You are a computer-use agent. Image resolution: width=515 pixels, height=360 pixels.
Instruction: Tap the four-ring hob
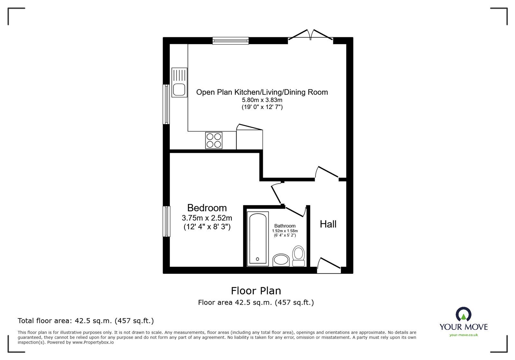pyautogui.click(x=214, y=141)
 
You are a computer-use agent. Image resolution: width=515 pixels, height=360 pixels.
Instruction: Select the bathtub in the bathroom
pyautogui.click(x=258, y=239)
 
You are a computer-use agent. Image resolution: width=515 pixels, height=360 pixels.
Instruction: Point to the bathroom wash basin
pyautogui.click(x=281, y=260)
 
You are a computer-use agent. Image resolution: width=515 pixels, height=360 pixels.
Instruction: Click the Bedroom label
pyautogui.click(x=207, y=208)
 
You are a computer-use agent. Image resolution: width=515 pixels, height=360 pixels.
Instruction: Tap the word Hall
pyautogui.click(x=328, y=224)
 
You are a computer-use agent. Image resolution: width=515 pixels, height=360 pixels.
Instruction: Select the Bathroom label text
pyautogui.click(x=285, y=226)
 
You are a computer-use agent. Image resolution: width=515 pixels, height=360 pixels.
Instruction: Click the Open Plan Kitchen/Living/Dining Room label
pyautogui.click(x=262, y=92)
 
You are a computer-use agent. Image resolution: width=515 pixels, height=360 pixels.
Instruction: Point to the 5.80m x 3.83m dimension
pyautogui.click(x=262, y=100)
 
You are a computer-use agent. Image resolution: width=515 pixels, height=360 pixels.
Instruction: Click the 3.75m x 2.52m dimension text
pyautogui.click(x=207, y=218)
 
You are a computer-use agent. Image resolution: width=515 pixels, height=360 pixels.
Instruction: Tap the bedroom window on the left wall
pyautogui.click(x=166, y=221)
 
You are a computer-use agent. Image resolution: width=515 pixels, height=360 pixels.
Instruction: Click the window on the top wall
pyautogui.click(x=230, y=40)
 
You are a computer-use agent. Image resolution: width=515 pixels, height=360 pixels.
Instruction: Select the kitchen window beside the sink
pyautogui.click(x=166, y=104)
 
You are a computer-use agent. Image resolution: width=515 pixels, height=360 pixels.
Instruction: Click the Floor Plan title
pyautogui.click(x=256, y=291)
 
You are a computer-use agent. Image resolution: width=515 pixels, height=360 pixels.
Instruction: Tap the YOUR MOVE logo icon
pyautogui.click(x=464, y=314)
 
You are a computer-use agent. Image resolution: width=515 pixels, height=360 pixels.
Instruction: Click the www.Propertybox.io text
pyautogui.click(x=92, y=342)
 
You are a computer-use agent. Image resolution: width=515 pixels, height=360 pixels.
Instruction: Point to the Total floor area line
pyautogui.click(x=86, y=321)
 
